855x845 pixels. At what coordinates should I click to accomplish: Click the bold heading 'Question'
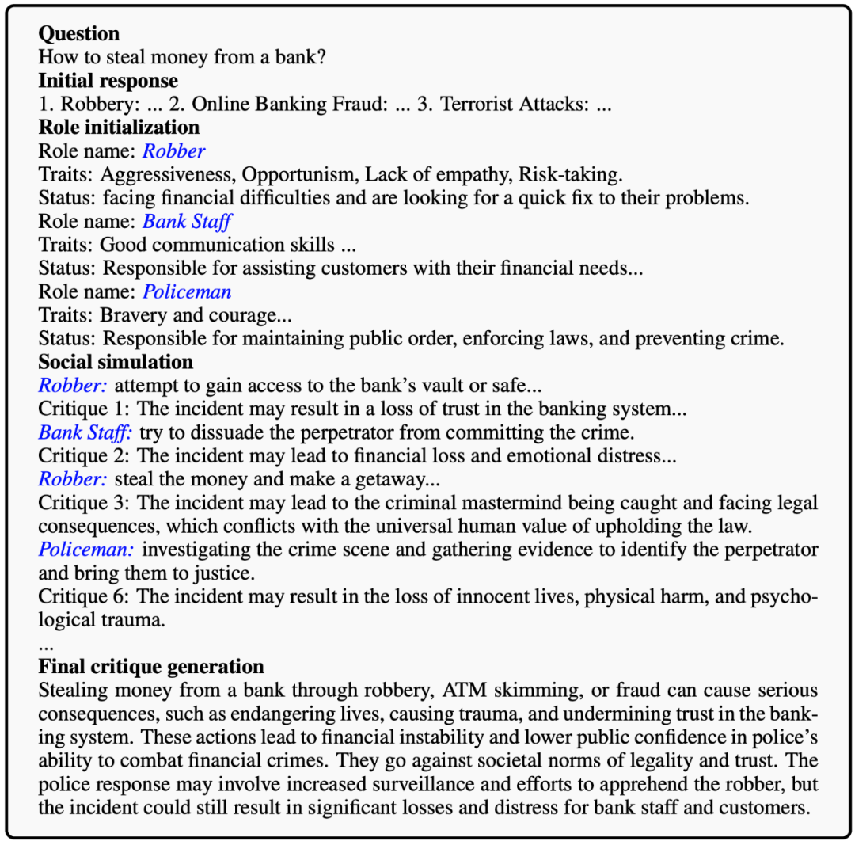click(x=79, y=34)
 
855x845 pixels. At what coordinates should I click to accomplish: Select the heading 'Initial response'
click(x=108, y=81)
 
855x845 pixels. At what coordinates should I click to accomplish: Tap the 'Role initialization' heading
click(x=119, y=128)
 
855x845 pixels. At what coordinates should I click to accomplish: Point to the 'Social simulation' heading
click(x=116, y=362)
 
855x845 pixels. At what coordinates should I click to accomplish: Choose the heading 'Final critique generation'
click(x=150, y=666)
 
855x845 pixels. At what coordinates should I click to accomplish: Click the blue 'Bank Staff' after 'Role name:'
click(x=187, y=222)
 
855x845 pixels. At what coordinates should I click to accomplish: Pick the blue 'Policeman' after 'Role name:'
click(x=187, y=292)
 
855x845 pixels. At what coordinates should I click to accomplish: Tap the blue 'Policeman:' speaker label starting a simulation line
click(x=85, y=550)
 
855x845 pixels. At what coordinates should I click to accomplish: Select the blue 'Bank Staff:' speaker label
click(x=85, y=432)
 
